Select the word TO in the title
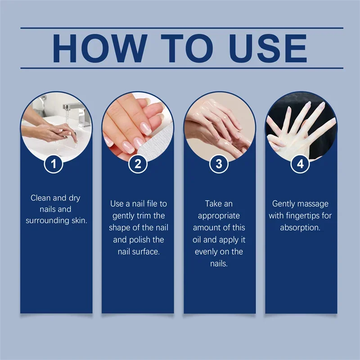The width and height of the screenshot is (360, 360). tap(182, 48)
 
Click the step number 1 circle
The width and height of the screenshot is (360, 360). tap(55, 164)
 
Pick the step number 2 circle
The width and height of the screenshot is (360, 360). tap(138, 164)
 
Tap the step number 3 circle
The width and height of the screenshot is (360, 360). tap(219, 164)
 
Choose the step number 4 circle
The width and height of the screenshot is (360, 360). tap(301, 164)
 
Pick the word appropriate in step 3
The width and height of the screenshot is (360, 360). tap(219, 216)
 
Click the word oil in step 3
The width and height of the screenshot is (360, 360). tap(198, 239)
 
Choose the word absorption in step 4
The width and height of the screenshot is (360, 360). tap(300, 227)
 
